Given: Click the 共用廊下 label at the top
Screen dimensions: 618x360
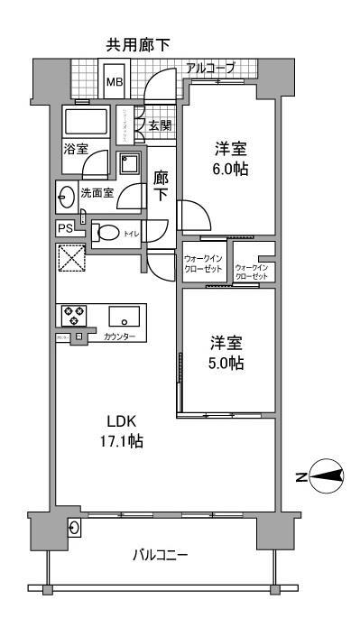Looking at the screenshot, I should tap(139, 44).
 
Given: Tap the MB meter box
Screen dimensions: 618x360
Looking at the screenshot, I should tap(114, 81).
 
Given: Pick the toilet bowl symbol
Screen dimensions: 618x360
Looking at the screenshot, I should tap(108, 232).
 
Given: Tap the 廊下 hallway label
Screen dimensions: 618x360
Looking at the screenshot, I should tap(162, 187).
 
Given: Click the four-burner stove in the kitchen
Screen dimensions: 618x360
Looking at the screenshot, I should tap(73, 315).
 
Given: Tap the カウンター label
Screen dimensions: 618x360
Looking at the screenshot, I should tap(120, 337).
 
